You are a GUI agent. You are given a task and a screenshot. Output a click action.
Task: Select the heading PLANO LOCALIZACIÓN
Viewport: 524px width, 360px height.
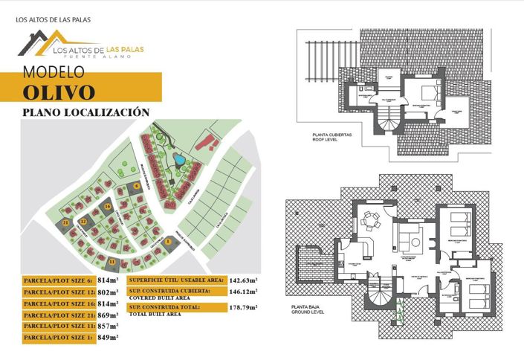86,112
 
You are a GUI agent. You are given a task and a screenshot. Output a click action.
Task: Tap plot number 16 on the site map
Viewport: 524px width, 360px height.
109,206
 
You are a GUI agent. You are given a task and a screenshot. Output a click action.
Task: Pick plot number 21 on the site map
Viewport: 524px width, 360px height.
66,222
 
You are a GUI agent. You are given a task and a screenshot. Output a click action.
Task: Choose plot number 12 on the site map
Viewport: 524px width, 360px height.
84,222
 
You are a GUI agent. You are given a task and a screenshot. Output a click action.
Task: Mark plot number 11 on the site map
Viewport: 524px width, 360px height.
112,261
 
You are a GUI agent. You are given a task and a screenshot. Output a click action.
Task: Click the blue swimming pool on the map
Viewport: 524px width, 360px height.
179,158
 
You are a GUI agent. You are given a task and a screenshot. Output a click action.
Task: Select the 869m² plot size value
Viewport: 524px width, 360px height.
109,315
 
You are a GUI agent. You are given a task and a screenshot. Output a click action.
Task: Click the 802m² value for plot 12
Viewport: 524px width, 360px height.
109,292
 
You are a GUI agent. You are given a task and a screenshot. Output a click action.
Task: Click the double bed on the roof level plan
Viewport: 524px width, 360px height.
429,93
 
